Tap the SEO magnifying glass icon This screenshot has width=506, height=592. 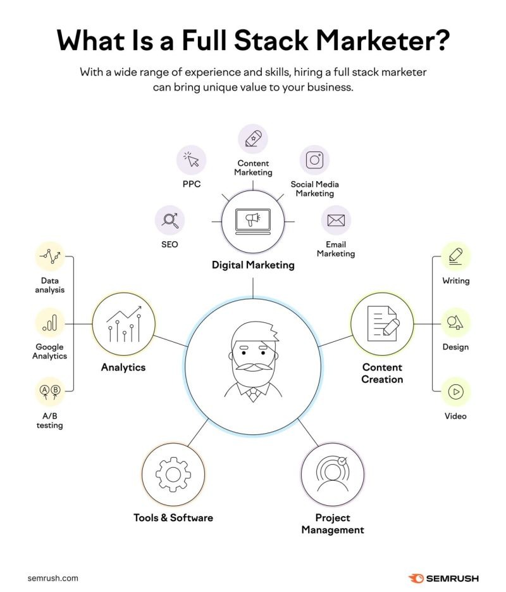pyautogui.click(x=170, y=220)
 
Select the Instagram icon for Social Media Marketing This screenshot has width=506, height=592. pyautogui.click(x=314, y=160)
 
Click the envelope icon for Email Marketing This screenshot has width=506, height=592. pyautogui.click(x=335, y=220)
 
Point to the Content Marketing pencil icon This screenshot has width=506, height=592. pyautogui.click(x=253, y=138)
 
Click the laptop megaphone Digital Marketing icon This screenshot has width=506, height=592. pyautogui.click(x=253, y=220)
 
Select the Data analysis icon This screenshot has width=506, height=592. pyautogui.click(x=50, y=256)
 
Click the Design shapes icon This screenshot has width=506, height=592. pyautogui.click(x=455, y=324)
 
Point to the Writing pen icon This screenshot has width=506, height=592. pyautogui.click(x=455, y=256)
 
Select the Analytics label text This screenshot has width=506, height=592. pyautogui.click(x=123, y=367)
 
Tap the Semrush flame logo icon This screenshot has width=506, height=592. pyautogui.click(x=416, y=578)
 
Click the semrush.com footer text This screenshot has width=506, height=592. pyautogui.click(x=53, y=578)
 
